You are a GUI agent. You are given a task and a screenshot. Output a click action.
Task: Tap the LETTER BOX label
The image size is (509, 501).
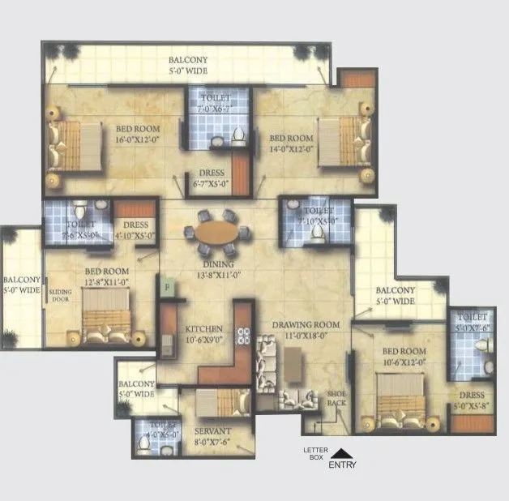point(314,454)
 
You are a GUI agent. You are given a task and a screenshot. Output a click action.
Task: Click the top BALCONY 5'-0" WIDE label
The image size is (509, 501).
point(188,65)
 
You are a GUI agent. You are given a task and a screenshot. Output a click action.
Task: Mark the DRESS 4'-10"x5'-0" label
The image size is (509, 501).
point(135,230)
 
